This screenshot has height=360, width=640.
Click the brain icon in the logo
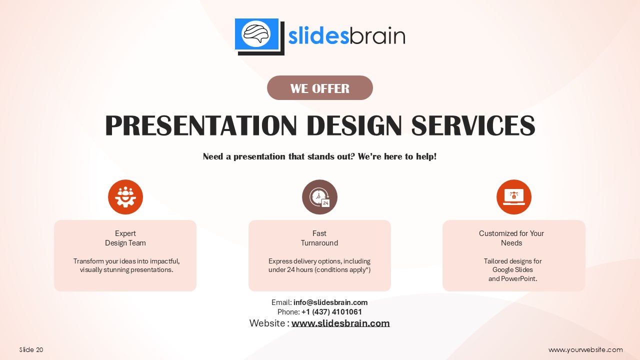click(x=256, y=34)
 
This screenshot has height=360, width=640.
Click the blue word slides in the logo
click(x=318, y=36)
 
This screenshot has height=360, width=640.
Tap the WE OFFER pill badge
click(x=319, y=87)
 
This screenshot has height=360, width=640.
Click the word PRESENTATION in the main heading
click(x=201, y=125)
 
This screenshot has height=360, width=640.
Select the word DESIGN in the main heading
click(x=354, y=125)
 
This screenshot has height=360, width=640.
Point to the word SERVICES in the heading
click(x=473, y=125)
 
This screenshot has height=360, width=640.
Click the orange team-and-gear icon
click(x=125, y=197)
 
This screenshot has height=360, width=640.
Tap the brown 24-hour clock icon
click(x=319, y=197)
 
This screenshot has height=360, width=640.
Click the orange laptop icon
click(x=513, y=197)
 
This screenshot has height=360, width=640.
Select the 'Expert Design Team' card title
click(x=125, y=238)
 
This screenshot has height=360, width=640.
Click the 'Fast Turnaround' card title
click(x=319, y=238)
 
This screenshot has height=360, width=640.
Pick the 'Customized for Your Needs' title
click(x=511, y=238)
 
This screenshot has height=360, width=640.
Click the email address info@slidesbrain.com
click(x=330, y=302)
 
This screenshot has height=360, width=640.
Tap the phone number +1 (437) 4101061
click(x=331, y=311)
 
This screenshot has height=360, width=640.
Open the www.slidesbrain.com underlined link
click(x=340, y=323)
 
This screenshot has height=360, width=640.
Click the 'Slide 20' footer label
click(x=31, y=349)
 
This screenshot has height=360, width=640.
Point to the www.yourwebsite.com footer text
click(x=585, y=349)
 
